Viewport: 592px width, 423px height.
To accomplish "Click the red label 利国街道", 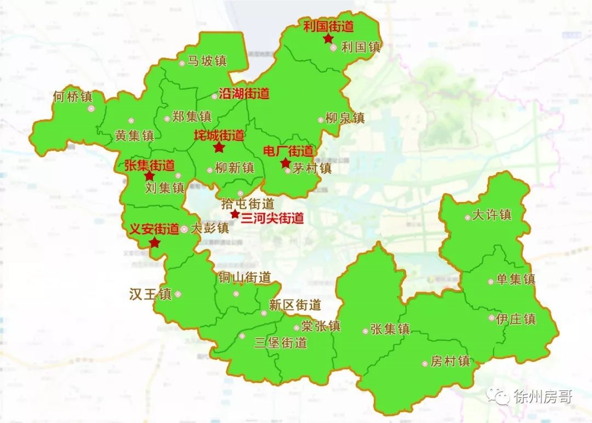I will (x=328, y=26).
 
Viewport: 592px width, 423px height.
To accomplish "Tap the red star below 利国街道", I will (x=328, y=38).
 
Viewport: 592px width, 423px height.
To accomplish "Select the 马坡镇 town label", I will (x=207, y=61).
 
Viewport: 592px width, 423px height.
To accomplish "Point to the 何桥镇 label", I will (x=73, y=97).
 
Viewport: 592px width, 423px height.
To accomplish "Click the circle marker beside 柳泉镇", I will (x=321, y=120).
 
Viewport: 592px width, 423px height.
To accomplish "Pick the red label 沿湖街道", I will (x=244, y=94).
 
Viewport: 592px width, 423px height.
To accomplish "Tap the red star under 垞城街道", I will (x=219, y=147).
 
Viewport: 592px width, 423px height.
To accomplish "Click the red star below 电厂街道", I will (x=285, y=163).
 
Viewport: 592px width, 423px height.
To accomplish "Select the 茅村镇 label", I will (x=312, y=168).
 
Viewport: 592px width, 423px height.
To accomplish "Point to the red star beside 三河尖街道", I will (x=235, y=214).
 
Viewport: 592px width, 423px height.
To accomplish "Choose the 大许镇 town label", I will (x=492, y=214).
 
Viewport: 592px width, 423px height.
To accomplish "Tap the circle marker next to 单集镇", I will (x=491, y=282).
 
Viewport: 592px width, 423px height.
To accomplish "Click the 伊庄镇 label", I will (x=516, y=319).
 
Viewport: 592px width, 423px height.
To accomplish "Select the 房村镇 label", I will (x=450, y=362).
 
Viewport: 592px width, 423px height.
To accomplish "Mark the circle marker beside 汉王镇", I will (x=178, y=294).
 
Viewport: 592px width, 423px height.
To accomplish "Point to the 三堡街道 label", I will (x=281, y=344).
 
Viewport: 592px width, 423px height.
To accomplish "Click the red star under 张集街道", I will (x=149, y=176).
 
